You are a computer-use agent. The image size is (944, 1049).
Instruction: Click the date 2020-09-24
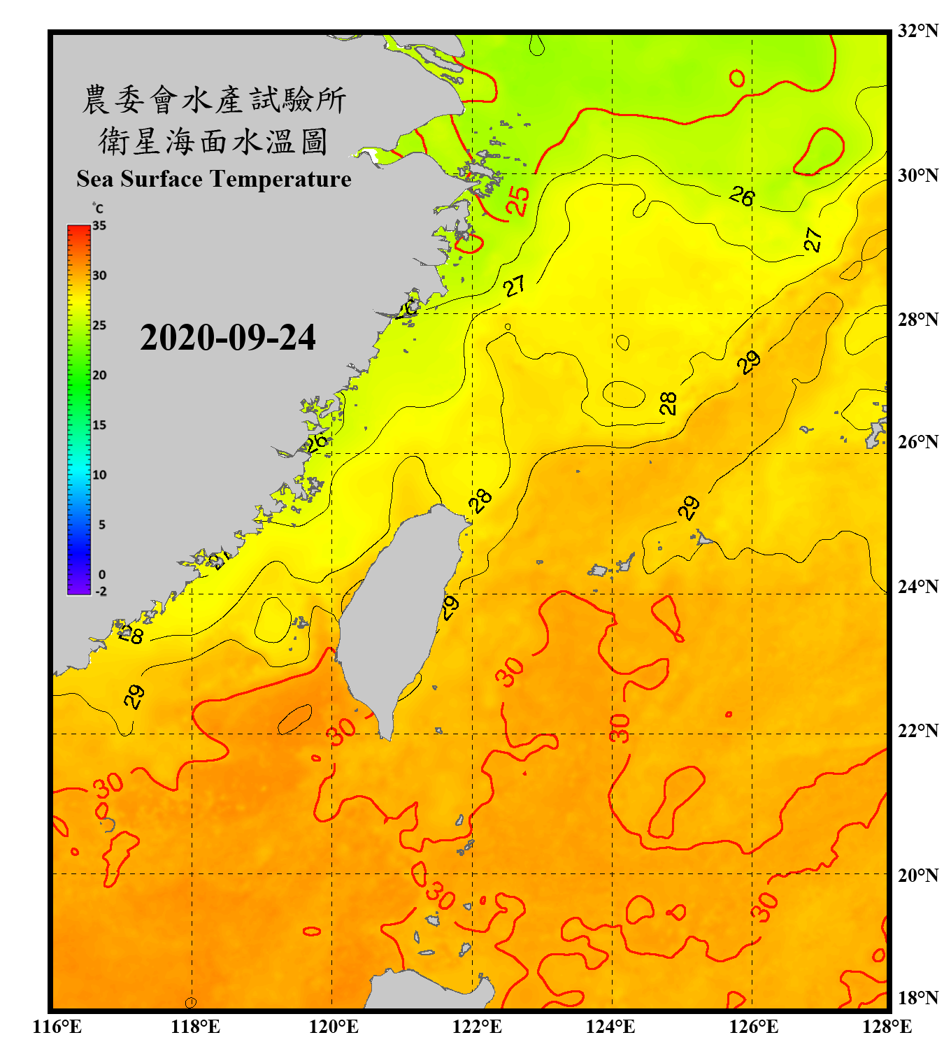tap(228, 338)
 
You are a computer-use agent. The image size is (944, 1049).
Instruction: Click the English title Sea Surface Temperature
tap(214, 179)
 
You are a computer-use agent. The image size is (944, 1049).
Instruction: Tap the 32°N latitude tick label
tap(917, 31)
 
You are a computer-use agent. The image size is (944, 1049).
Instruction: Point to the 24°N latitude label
tap(917, 586)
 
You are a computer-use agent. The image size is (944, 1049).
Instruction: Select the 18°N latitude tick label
tap(917, 997)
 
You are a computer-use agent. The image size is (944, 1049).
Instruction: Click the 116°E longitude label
tap(57, 1027)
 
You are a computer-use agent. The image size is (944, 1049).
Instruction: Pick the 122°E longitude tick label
tap(477, 1027)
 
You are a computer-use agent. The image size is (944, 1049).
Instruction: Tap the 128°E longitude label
tap(887, 1027)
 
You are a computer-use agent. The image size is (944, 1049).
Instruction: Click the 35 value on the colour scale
tap(99, 226)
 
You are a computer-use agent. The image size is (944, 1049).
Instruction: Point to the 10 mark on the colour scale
tap(99, 475)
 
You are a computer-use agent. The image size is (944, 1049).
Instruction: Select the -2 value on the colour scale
tap(101, 591)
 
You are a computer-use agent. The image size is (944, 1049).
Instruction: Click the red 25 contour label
tap(518, 201)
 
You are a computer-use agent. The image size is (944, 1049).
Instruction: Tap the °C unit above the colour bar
tap(98, 208)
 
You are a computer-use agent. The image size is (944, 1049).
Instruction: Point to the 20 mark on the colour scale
tap(99, 375)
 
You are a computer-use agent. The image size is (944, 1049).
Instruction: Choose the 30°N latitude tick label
tap(917, 175)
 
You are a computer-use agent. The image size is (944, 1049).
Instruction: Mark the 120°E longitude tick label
tap(334, 1027)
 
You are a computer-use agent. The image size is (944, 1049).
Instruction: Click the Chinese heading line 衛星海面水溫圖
tap(213, 141)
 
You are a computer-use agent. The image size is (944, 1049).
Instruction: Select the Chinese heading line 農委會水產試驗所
tap(214, 100)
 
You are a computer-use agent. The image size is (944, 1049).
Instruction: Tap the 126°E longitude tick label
tap(753, 1027)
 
